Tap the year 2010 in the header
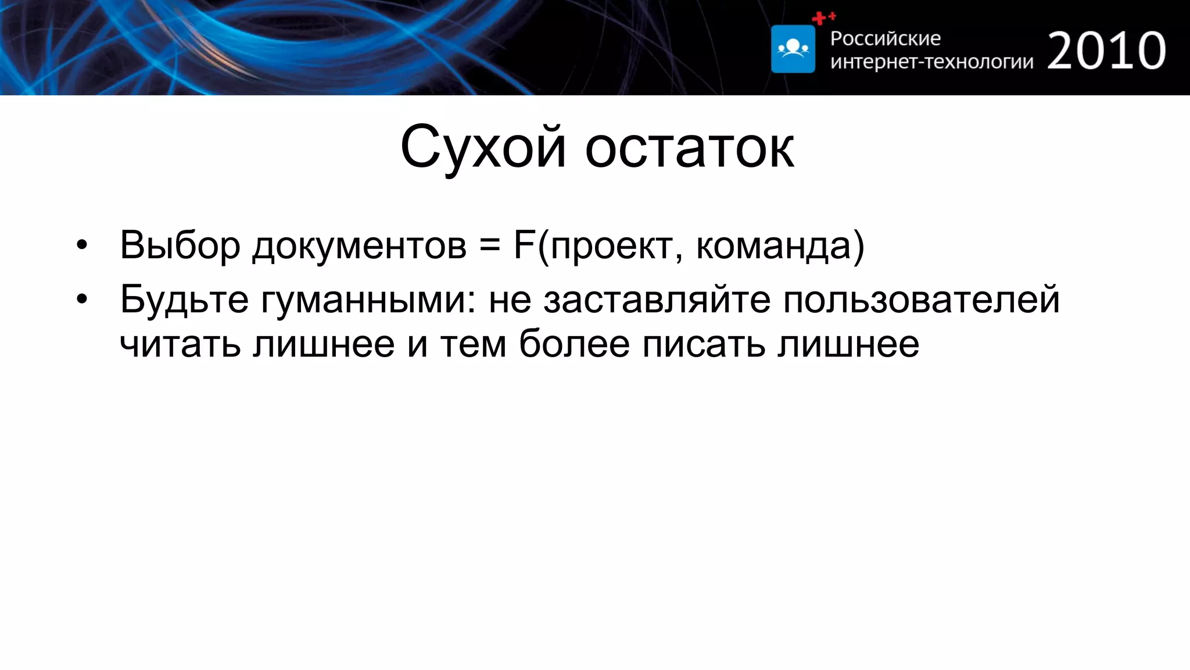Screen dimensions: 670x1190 pyautogui.click(x=1106, y=51)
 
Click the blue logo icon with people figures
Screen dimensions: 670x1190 pyautogui.click(x=793, y=49)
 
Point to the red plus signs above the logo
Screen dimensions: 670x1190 pyautogui.click(x=823, y=18)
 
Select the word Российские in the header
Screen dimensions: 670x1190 pyautogui.click(x=885, y=38)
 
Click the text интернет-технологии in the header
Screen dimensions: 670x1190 pyautogui.click(x=931, y=61)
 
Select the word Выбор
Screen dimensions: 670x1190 pyautogui.click(x=180, y=245)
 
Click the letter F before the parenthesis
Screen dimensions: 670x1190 pyautogui.click(x=524, y=245)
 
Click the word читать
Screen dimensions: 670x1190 pyautogui.click(x=180, y=344)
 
